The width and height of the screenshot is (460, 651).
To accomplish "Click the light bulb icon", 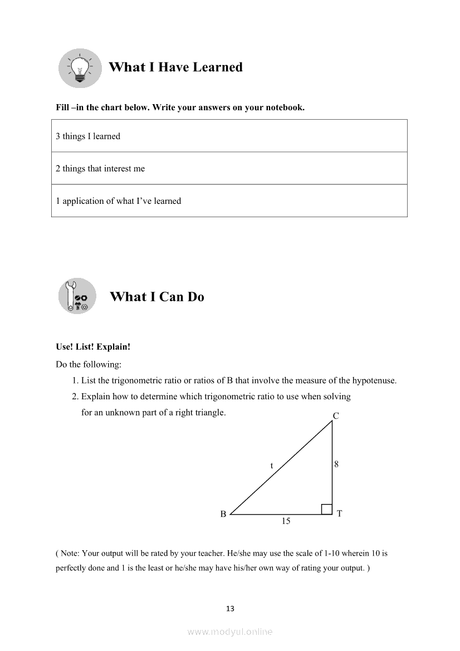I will [80, 68].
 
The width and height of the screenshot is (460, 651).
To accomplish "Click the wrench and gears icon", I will [77, 296].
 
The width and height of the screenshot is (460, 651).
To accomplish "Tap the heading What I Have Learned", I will [175, 67].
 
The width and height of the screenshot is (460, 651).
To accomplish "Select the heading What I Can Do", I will [157, 297].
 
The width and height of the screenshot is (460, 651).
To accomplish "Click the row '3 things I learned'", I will [229, 136].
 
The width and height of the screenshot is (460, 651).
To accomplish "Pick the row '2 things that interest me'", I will [229, 168].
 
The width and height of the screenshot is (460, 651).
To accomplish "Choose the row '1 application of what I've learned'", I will [229, 200].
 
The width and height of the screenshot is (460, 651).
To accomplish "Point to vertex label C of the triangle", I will [336, 415].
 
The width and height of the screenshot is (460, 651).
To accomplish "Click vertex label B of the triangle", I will [223, 514].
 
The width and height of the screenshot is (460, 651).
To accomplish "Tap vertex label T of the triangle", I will [339, 513].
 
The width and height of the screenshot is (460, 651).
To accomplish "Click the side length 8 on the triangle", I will [336, 464].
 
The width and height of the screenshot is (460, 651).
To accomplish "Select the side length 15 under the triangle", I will [286, 521].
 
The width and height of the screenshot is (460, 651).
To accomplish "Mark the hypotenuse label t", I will [272, 466].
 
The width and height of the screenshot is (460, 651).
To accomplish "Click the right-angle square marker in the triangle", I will [327, 509].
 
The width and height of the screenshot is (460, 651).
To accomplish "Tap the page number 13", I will [230, 609].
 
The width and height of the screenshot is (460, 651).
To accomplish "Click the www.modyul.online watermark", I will [230, 632].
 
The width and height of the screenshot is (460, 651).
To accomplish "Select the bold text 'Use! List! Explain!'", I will [93, 346].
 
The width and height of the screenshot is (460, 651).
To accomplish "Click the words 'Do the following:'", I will [89, 364].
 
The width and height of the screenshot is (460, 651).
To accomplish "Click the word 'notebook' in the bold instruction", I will [283, 107].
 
